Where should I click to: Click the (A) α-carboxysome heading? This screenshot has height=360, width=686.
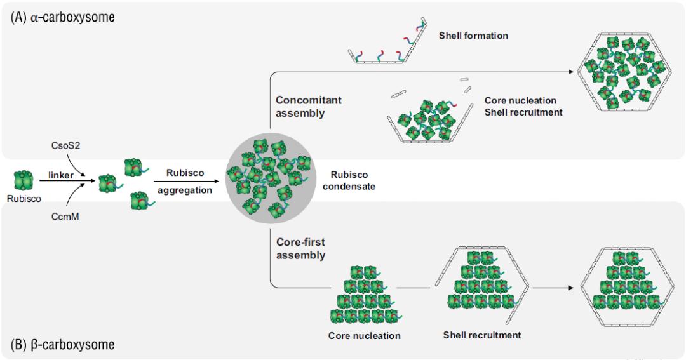[62, 17]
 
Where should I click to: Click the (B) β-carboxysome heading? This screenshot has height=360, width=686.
[62, 345]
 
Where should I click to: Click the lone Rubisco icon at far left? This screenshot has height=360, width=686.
[22, 182]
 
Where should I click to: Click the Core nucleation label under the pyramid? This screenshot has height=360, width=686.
[365, 335]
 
